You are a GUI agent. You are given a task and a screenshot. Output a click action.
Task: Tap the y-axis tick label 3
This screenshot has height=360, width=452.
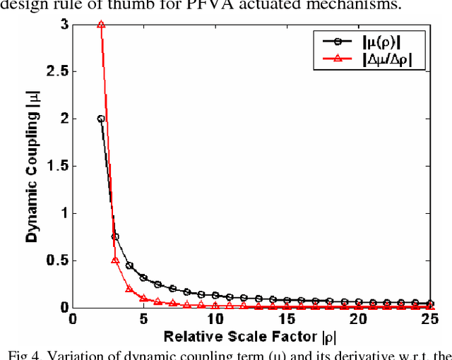click(x=64, y=24)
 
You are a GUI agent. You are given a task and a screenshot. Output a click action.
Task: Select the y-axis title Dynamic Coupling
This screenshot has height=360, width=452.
click(x=32, y=167)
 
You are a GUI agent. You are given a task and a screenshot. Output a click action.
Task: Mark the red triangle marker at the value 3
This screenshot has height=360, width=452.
click(x=101, y=24)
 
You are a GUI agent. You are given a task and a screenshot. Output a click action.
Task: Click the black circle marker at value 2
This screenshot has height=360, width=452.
click(x=101, y=119)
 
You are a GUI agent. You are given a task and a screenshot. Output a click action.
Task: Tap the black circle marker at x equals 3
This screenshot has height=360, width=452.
click(x=115, y=236)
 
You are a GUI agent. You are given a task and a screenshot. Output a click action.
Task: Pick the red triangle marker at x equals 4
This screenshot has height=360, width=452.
click(x=129, y=288)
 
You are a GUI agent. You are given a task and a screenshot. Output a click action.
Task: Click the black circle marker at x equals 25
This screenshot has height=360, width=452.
click(x=432, y=304)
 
